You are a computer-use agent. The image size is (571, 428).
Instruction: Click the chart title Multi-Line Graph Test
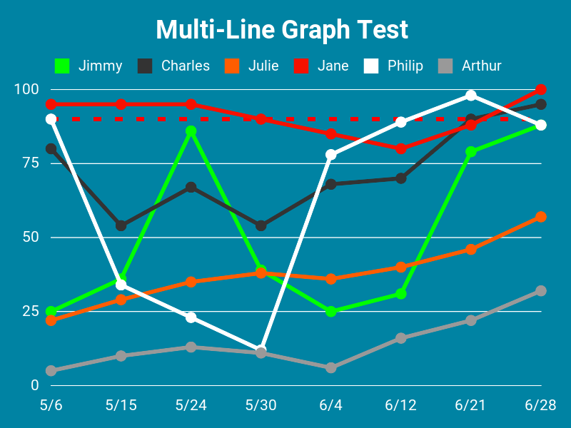[282, 30]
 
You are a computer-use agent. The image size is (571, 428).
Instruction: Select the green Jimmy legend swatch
[62, 66]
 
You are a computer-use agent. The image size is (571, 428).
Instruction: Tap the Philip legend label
[405, 66]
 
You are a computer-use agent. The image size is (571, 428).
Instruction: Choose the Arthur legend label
[481, 66]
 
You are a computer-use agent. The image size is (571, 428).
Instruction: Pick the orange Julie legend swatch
[231, 66]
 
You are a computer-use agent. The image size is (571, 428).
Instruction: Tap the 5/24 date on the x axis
[191, 405]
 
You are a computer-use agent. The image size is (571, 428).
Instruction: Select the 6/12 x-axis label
[400, 405]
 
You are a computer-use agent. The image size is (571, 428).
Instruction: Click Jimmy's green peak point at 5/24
[191, 131]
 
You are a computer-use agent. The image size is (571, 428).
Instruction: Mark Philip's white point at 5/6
[51, 119]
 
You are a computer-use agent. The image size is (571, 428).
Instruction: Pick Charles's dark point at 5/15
[121, 225]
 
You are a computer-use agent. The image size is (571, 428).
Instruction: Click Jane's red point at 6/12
[401, 148]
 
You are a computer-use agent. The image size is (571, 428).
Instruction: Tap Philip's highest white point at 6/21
[471, 96]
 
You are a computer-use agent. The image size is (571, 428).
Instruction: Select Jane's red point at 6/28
[541, 90]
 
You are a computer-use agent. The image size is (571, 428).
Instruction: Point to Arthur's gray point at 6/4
[331, 368]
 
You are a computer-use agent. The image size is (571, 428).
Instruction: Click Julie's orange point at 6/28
[541, 217]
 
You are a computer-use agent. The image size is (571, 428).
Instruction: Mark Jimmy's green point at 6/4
[331, 312]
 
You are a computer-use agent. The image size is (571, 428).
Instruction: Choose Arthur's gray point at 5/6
[51, 371]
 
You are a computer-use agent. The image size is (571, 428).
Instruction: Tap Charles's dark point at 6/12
[401, 178]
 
